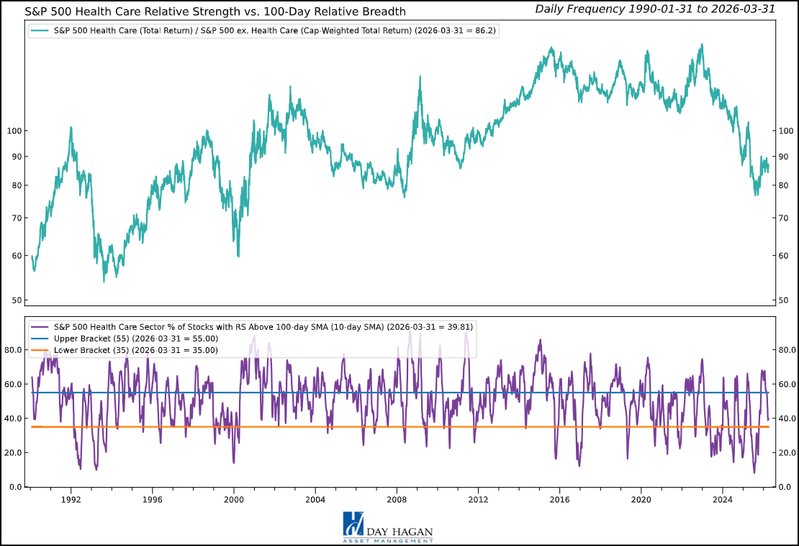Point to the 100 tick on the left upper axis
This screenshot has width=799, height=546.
coord(17,130)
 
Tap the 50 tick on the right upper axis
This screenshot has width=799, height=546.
coord(784,300)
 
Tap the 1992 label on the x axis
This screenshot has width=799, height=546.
coord(71,499)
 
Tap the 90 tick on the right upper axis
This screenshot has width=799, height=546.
coord(784,156)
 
